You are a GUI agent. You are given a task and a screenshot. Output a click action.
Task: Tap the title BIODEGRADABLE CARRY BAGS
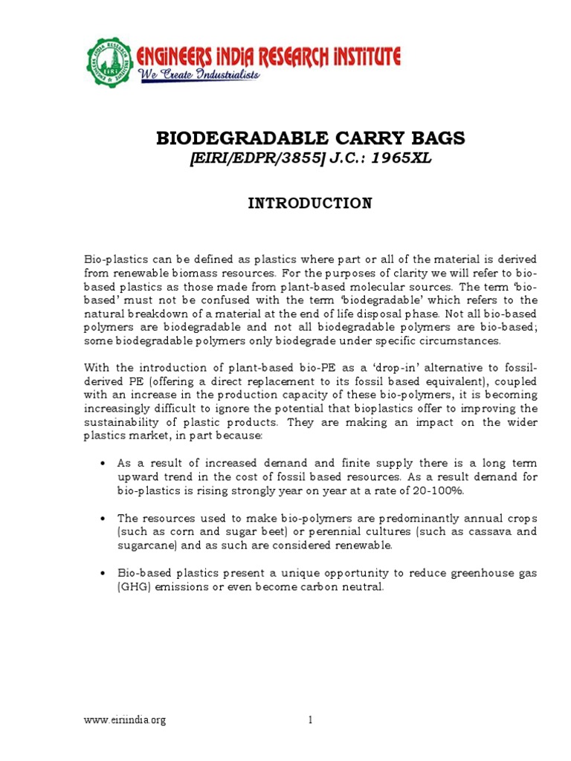click(309, 138)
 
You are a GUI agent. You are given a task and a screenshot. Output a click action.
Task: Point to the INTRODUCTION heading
click(309, 204)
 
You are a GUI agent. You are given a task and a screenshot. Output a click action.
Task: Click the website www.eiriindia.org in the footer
click(124, 720)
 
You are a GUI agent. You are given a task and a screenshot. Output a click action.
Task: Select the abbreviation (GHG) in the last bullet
click(134, 587)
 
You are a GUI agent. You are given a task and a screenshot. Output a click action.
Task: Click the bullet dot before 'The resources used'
click(103, 518)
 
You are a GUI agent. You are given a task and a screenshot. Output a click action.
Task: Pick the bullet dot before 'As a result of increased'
click(103, 463)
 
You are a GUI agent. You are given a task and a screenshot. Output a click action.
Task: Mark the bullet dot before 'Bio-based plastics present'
click(103, 573)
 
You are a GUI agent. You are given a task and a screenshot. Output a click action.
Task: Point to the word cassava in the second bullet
click(477, 532)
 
